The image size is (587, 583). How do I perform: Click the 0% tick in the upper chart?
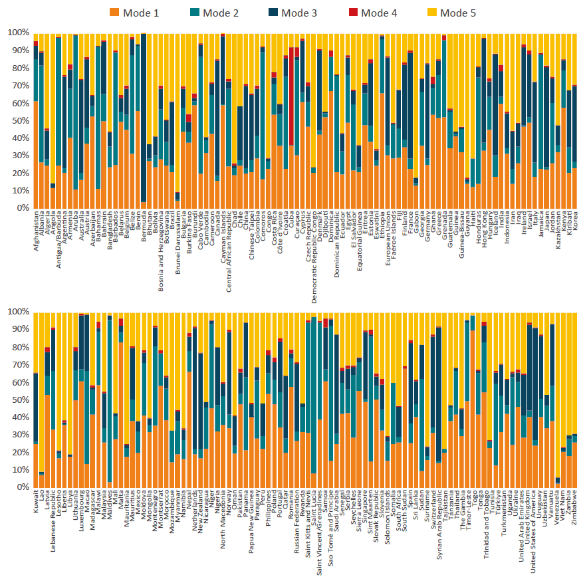point(19,208)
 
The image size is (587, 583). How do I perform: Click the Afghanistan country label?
point(35,233)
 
